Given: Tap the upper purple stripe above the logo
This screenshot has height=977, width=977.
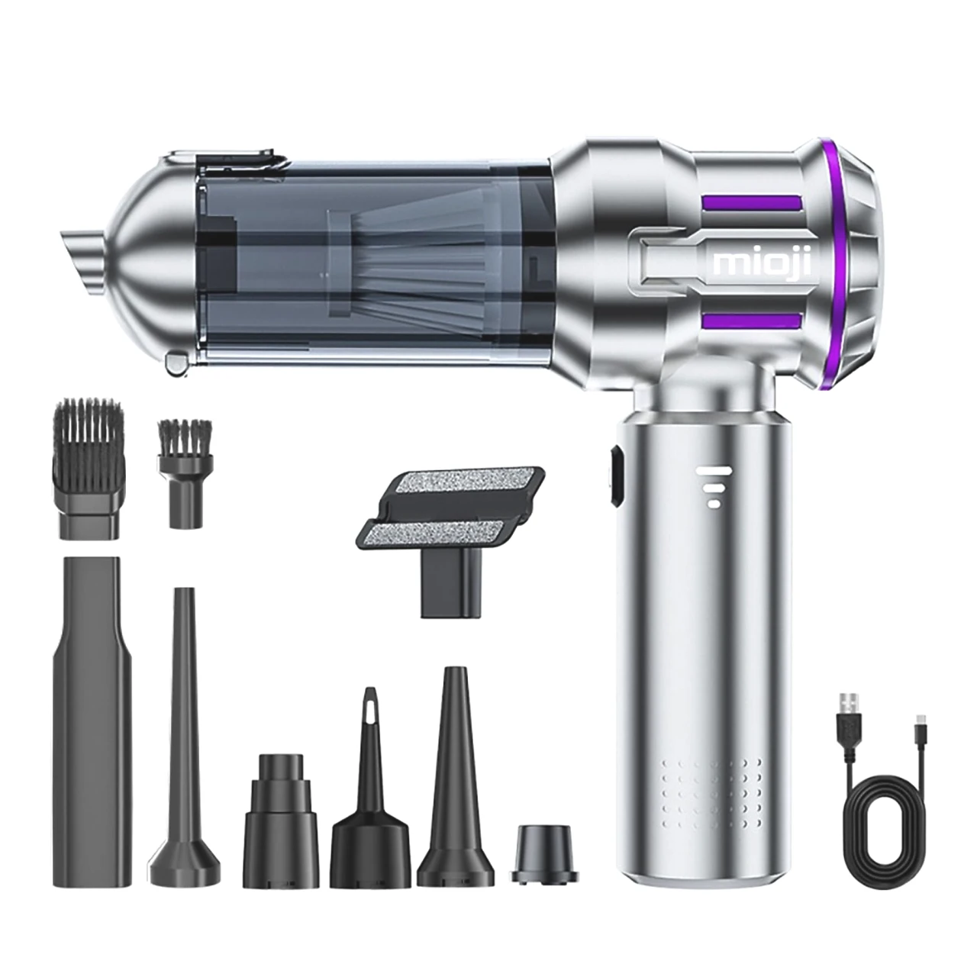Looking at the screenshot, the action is tap(752, 204).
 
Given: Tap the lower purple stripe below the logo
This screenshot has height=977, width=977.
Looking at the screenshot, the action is tap(752, 321).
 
